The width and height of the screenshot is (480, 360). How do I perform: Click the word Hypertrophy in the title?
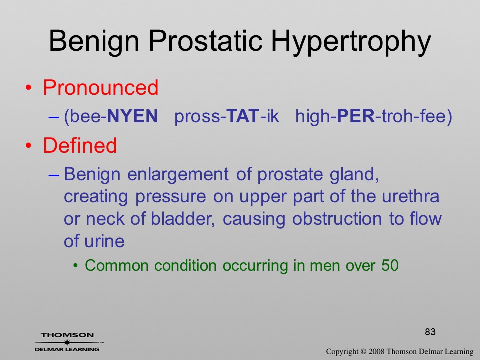[x=351, y=41]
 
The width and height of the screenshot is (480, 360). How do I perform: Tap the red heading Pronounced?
[x=100, y=87]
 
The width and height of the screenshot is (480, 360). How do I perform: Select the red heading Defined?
[x=80, y=145]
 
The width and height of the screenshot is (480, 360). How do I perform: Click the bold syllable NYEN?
[x=132, y=116]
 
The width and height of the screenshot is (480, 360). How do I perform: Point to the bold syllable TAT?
[x=243, y=116]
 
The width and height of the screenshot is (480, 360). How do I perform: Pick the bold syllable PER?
[x=356, y=116]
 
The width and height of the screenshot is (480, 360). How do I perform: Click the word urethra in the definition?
[x=410, y=196]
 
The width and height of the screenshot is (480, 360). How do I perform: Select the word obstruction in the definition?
[x=337, y=219]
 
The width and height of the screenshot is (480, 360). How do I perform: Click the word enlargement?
[x=178, y=175]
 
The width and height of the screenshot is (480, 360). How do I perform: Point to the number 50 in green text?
[x=390, y=265]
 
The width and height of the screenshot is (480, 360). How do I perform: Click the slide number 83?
[x=430, y=332]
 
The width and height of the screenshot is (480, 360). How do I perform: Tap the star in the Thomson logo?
[x=67, y=342]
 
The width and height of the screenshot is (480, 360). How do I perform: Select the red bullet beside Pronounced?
[x=29, y=88]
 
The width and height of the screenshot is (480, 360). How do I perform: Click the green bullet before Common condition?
[x=76, y=266]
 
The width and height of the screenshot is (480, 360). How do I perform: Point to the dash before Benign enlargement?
[x=53, y=175]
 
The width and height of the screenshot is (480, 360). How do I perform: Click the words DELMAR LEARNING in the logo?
[x=67, y=349]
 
